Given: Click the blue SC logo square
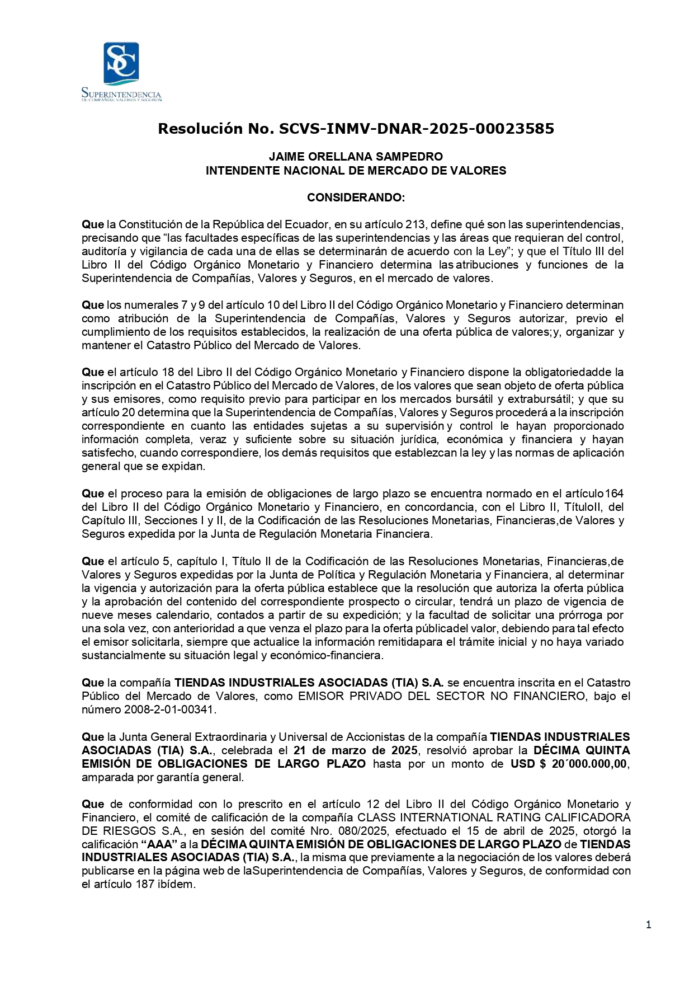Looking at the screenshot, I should [x=121, y=63].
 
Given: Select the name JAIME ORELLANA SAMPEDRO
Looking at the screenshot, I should [x=356, y=157].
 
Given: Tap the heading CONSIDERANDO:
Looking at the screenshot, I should [x=356, y=198].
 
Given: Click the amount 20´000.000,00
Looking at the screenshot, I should [x=589, y=764].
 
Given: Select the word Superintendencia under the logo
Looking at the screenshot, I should [x=121, y=93].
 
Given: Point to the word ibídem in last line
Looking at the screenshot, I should [x=178, y=885].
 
